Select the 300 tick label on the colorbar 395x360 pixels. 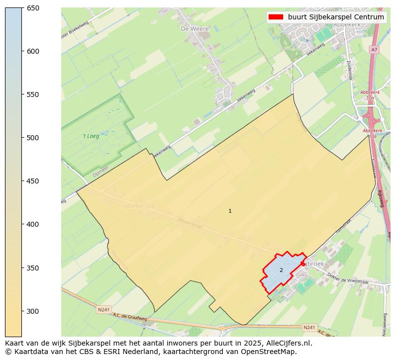pyautogui.click(x=33, y=311)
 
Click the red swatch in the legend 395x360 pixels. pyautogui.click(x=276, y=17)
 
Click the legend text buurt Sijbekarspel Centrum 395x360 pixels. pyautogui.click(x=336, y=17)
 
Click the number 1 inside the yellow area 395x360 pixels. pyautogui.click(x=230, y=211)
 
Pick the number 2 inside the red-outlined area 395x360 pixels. pyautogui.click(x=281, y=270)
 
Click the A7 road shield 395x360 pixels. pyautogui.click(x=374, y=50)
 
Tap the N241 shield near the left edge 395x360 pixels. pyautogui.click(x=103, y=309)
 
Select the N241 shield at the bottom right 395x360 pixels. pyautogui.click(x=309, y=327)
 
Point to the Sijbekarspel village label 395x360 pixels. pyautogui.click(x=139, y=205)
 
